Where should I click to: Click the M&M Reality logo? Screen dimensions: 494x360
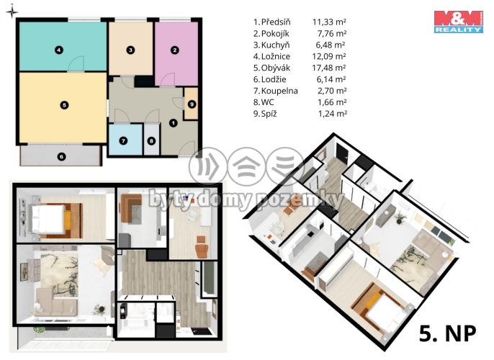tap(459, 22)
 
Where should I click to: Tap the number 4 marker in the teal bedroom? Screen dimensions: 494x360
tap(58, 50)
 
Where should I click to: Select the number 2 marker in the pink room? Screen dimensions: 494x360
tap(175, 50)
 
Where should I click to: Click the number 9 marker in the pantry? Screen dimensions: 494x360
tap(192, 104)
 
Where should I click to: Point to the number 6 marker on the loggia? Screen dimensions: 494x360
tap(61, 156)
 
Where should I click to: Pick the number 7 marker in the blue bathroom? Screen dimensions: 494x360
tap(123, 140)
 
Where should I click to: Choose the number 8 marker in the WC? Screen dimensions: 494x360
tap(151, 141)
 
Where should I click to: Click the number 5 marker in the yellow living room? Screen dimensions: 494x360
tap(64, 105)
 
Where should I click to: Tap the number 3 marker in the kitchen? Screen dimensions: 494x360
tap(130, 50)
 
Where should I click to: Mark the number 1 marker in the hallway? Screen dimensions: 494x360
tap(174, 123)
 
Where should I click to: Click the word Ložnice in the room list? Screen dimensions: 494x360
tap(276, 57)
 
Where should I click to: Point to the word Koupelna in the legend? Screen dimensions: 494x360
tap(279, 91)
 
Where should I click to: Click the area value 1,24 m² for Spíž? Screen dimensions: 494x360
tap(333, 114)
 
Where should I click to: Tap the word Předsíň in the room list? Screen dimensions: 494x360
tap(276, 22)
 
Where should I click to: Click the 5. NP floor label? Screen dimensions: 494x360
tap(447, 333)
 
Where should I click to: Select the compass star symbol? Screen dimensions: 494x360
tap(12, 12)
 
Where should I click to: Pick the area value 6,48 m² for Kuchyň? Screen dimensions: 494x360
tap(330, 45)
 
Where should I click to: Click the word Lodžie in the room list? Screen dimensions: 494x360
tap(274, 79)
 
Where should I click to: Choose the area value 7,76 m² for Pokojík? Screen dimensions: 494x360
tap(332, 33)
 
